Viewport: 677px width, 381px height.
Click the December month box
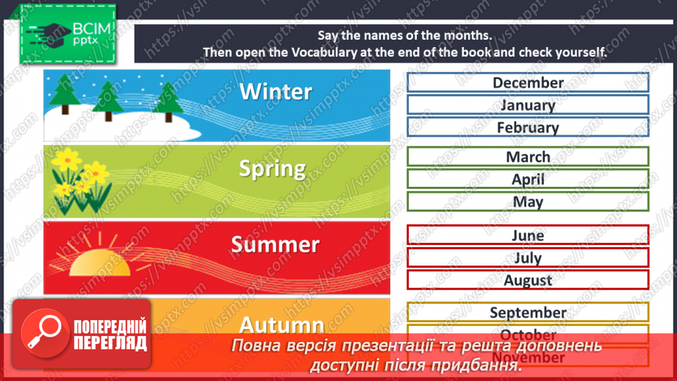(x=528, y=82)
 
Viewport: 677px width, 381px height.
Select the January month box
(x=528, y=104)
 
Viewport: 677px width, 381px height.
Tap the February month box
(x=528, y=127)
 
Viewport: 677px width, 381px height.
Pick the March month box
(x=528, y=157)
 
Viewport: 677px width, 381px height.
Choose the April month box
(x=528, y=179)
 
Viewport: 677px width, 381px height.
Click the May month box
(x=528, y=202)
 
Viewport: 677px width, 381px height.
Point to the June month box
(x=528, y=235)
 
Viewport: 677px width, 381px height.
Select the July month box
(x=528, y=257)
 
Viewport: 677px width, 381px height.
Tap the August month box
(x=528, y=280)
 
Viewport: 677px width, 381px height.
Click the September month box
(x=528, y=313)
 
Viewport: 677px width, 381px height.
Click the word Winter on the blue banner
(x=276, y=92)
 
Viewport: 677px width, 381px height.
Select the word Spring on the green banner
(x=272, y=168)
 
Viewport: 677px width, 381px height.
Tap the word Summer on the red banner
(x=275, y=244)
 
